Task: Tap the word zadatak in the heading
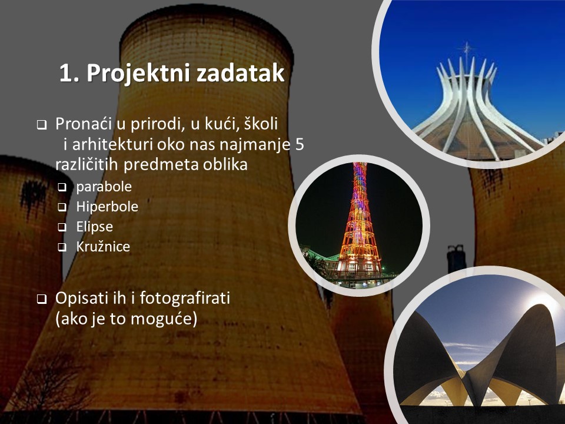(241, 73)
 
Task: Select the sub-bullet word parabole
(104, 187)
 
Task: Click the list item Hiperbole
(107, 207)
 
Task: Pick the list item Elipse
(94, 227)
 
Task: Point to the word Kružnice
(103, 246)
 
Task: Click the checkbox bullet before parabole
(62, 187)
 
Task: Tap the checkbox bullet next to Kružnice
(62, 247)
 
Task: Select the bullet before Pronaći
(41, 125)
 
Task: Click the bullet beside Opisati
(41, 299)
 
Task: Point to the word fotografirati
(185, 298)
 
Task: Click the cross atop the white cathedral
(467, 49)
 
